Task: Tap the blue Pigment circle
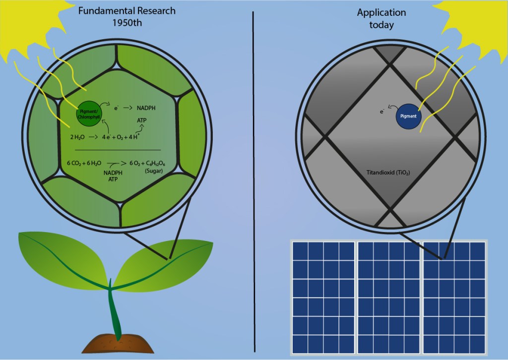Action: [x=409, y=117]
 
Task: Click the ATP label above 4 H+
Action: [x=141, y=120]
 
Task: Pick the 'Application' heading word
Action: [x=381, y=13]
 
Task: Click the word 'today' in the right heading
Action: [x=381, y=25]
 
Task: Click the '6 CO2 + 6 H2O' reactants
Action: [x=85, y=163]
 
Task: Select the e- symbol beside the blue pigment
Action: [x=381, y=112]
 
